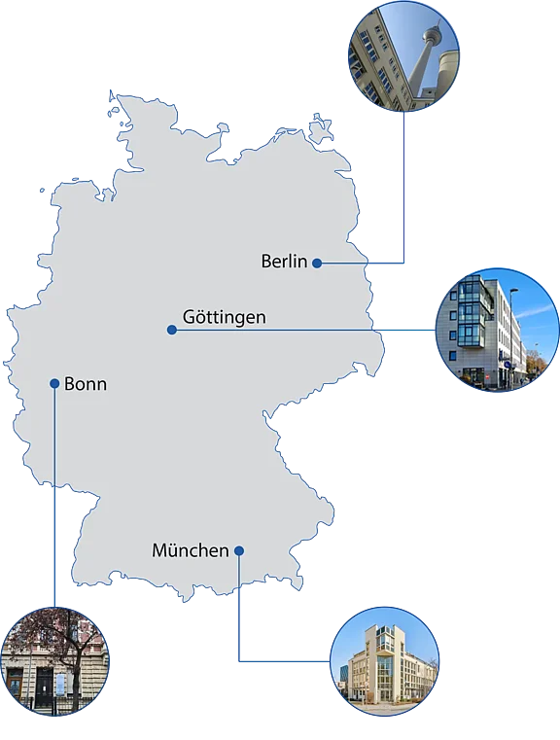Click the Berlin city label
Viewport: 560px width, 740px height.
[284, 261]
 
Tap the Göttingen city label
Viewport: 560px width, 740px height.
[224, 317]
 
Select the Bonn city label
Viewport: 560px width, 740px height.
[86, 384]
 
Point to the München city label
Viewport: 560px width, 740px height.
[190, 550]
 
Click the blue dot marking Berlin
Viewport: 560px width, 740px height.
[317, 263]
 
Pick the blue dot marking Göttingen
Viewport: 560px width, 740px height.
[172, 331]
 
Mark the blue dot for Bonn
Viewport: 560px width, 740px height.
[54, 383]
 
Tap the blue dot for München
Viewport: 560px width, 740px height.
[238, 551]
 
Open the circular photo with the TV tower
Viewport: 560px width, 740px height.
[404, 55]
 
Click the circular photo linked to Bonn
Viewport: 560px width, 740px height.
[54, 661]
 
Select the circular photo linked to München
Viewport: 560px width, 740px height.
[384, 661]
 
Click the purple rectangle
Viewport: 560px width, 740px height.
[481, 185]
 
